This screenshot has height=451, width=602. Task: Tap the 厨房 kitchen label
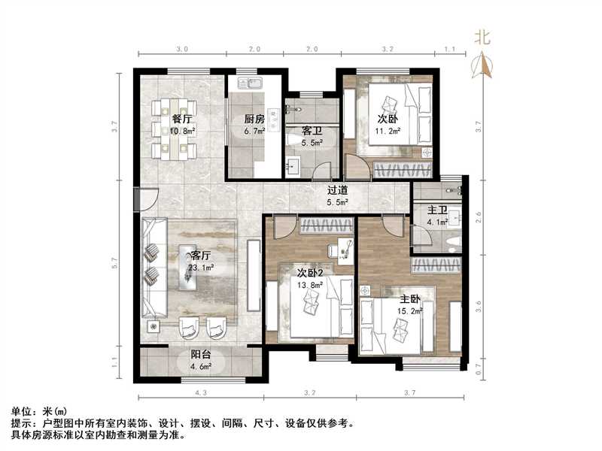(253, 119)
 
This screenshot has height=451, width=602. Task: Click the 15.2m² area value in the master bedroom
(410, 309)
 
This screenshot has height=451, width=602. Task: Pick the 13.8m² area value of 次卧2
(310, 285)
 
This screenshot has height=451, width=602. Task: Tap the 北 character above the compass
(482, 36)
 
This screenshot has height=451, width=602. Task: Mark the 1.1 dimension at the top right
(450, 49)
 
